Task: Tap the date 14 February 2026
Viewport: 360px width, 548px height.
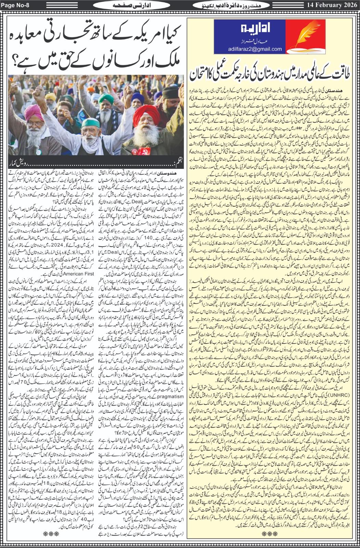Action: click(332, 5)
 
